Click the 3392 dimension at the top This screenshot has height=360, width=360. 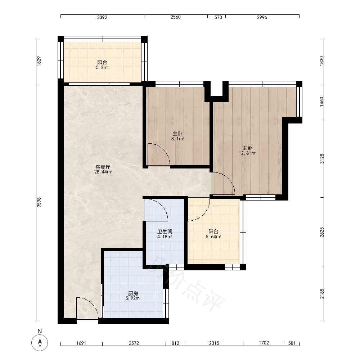coord(102,17)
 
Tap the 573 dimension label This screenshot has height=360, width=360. coord(218,17)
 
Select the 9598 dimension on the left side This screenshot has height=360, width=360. coord(39,202)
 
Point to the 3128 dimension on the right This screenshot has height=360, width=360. coord(322,159)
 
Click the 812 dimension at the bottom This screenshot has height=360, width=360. coord(175,343)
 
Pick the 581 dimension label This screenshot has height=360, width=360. coord(292,343)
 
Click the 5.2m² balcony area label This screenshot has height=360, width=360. coord(102,68)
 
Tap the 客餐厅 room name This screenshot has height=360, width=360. coord(103,167)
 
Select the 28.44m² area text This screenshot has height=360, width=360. coord(103,172)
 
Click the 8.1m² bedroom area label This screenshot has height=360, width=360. coord(177,139)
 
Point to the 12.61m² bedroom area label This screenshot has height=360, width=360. coord(247,153)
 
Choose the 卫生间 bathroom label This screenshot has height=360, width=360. coord(165,231)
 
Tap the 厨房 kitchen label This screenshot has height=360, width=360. coord(133,293)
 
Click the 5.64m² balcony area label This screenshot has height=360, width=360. coord(213,237)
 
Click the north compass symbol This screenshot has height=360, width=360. coord(40,343)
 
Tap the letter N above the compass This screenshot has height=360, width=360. coord(40,331)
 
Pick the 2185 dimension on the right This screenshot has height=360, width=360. coord(322,294)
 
